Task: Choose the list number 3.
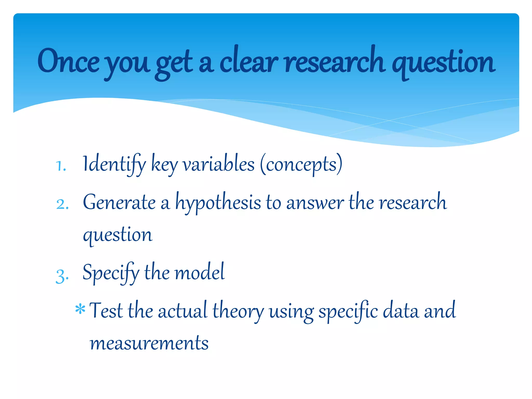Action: [x=62, y=276]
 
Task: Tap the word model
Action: [x=199, y=272]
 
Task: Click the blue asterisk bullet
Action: [x=80, y=309]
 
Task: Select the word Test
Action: [x=106, y=311]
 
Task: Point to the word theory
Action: [x=238, y=311]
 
